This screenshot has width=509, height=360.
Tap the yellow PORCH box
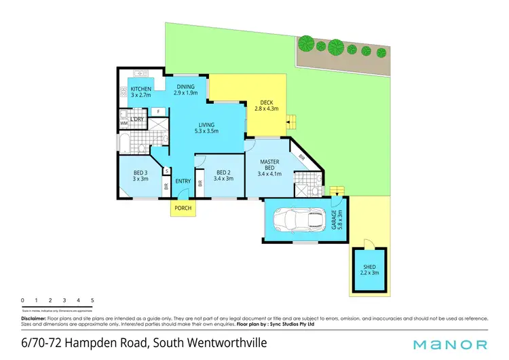click(183, 208)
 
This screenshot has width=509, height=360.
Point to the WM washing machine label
click(124, 124)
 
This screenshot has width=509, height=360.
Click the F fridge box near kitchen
click(157, 111)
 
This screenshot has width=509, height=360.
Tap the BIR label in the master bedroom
click(302, 158)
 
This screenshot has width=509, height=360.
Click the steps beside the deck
click(293, 123)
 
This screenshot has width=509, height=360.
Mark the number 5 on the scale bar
click(92, 300)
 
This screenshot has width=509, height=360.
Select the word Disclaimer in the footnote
click(33, 317)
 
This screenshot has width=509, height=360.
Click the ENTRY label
click(183, 181)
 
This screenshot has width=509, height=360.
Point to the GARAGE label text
click(332, 221)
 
